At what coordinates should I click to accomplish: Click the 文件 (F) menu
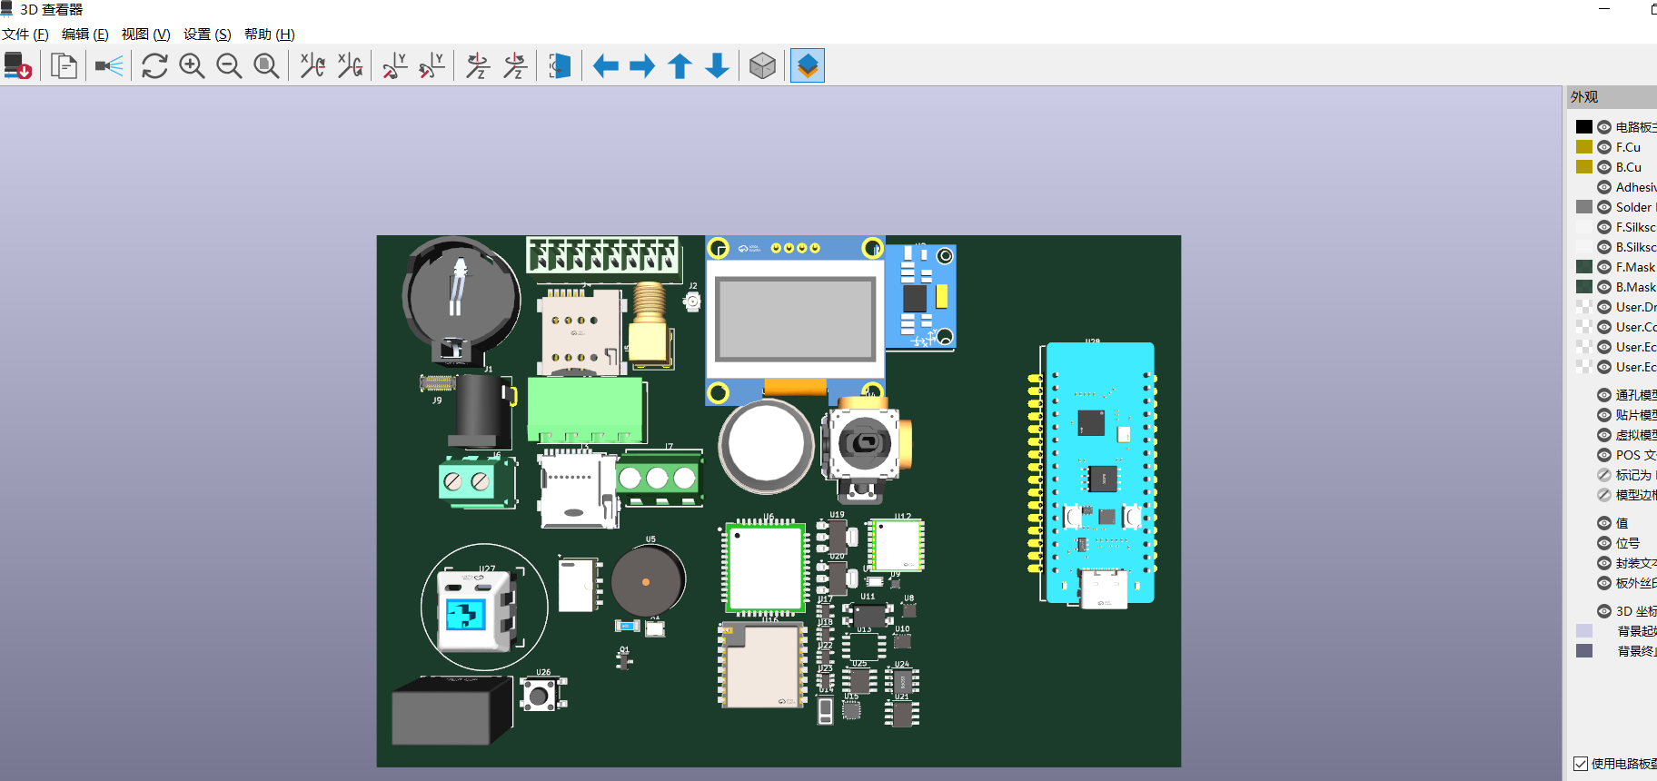click(x=25, y=35)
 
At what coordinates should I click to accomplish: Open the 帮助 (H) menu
click(x=269, y=35)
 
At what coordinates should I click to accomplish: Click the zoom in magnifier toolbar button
click(x=192, y=65)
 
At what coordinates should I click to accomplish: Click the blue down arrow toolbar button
click(x=717, y=65)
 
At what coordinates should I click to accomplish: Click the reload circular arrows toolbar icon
click(x=154, y=65)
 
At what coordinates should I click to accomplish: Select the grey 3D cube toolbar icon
click(x=762, y=65)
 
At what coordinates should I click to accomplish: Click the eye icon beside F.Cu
click(x=1604, y=147)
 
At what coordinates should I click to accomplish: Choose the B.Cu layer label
click(x=1628, y=167)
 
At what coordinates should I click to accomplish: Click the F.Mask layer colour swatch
click(x=1584, y=267)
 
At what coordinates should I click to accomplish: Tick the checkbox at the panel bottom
click(x=1581, y=764)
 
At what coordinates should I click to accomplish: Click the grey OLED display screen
click(x=795, y=318)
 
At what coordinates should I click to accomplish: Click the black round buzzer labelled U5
click(x=647, y=581)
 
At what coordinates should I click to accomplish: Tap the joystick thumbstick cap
click(x=863, y=443)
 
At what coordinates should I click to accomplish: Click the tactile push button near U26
click(x=540, y=696)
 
